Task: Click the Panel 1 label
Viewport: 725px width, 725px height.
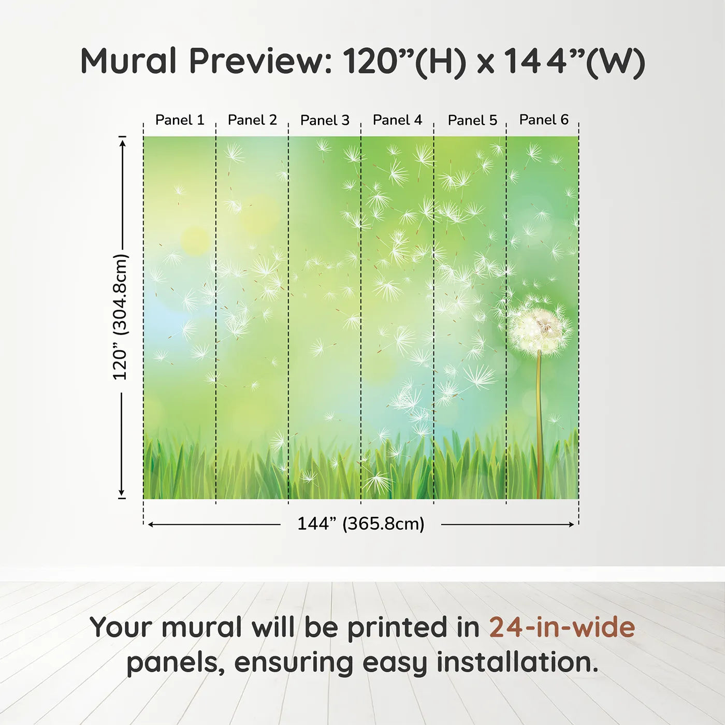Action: pyautogui.click(x=180, y=120)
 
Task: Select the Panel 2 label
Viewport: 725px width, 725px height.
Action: pyautogui.click(x=252, y=120)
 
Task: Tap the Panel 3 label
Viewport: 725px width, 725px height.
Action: pyautogui.click(x=325, y=120)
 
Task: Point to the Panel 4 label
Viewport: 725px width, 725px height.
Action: pyautogui.click(x=397, y=120)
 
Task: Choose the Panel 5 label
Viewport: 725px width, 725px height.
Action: pyautogui.click(x=472, y=120)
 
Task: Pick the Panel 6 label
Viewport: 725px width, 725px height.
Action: pyautogui.click(x=544, y=120)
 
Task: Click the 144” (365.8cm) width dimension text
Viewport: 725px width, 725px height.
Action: pyautogui.click(x=360, y=524)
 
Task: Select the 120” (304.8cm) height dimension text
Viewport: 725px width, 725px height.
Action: pyautogui.click(x=120, y=317)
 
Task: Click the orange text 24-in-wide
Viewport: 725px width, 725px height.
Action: pyautogui.click(x=562, y=628)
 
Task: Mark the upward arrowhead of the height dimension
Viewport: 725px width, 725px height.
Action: pyautogui.click(x=122, y=142)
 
